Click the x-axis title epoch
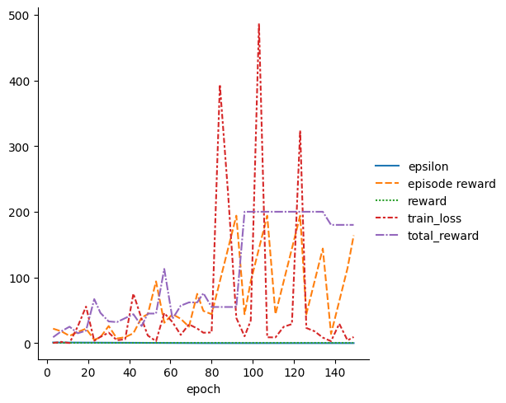tap(203, 389)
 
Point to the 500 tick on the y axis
tap(22, 16)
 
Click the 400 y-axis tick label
tap(22, 81)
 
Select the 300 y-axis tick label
tap(22, 147)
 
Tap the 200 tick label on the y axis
tap(22, 213)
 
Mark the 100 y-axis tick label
tap(22, 278)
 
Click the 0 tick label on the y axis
tap(28, 344)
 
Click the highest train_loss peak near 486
tap(258, 25)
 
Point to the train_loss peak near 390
tap(220, 86)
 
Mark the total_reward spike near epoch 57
tap(164, 269)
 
